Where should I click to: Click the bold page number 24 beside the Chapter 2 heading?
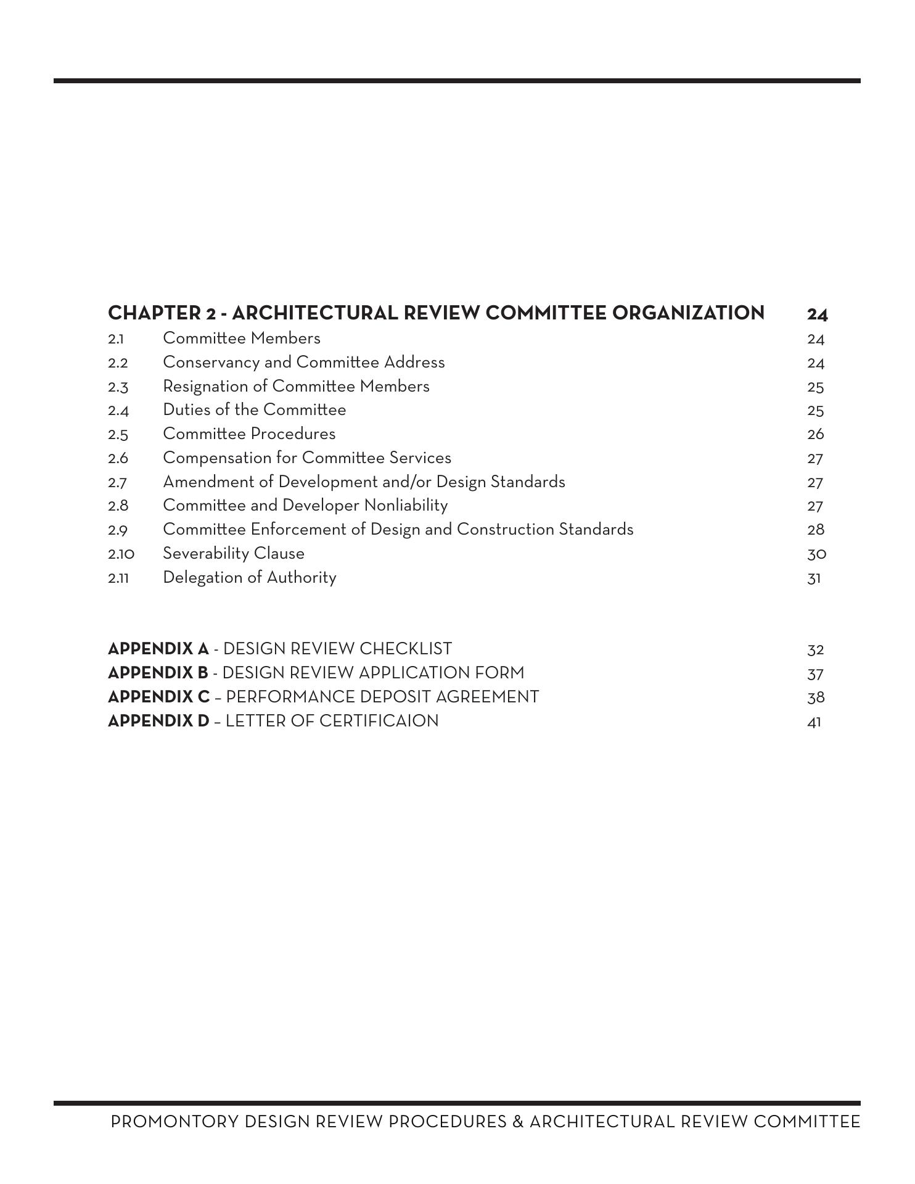(817, 314)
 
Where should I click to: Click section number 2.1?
(116, 339)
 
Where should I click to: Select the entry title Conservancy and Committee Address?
(303, 362)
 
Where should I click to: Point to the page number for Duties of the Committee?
(815, 411)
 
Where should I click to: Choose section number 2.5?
(118, 435)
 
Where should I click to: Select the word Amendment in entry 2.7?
(218, 482)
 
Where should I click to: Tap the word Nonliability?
(406, 506)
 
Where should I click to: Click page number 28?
(815, 530)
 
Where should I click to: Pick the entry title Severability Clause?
(233, 554)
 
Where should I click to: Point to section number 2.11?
(118, 578)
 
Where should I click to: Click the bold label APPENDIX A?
(158, 649)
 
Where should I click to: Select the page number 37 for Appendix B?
(815, 674)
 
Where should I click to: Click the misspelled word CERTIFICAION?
(379, 721)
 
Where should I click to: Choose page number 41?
(814, 722)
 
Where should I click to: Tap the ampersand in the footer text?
(517, 1122)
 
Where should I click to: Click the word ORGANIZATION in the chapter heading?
(687, 313)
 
